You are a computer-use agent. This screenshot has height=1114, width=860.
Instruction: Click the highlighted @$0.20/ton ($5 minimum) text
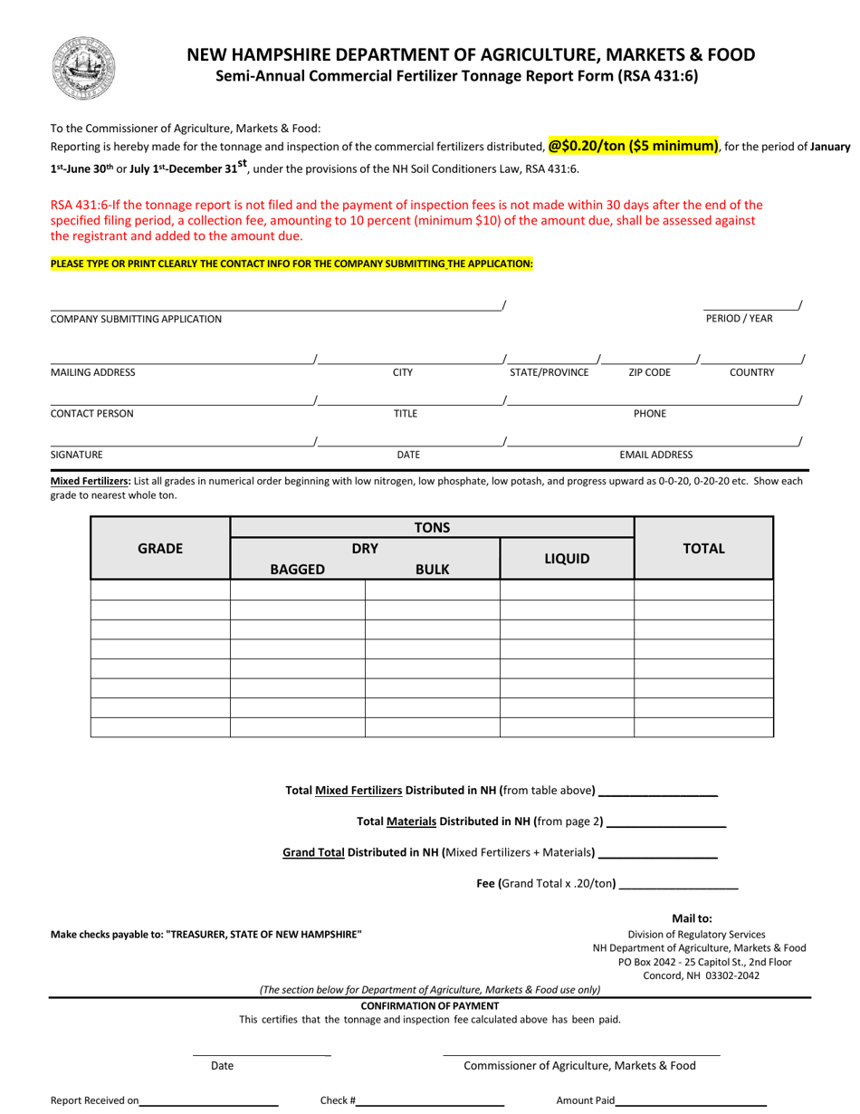click(634, 145)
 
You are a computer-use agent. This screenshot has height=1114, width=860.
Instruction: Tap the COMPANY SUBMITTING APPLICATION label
click(136, 319)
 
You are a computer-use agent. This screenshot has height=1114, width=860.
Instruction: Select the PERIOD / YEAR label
click(740, 319)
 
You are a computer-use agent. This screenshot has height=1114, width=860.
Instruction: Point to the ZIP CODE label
click(649, 372)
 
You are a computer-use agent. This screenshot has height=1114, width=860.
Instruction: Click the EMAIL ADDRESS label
click(655, 455)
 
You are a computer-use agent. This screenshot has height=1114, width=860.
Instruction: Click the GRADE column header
click(160, 548)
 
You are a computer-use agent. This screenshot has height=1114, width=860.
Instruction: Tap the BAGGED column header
click(297, 570)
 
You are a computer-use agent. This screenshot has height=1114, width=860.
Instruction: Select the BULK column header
click(432, 570)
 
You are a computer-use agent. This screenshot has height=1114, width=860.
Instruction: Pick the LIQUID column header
click(567, 559)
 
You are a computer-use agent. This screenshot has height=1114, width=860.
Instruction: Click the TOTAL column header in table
click(703, 548)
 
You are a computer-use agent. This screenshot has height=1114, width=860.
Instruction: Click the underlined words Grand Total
click(313, 852)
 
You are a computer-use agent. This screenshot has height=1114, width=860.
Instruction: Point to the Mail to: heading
click(692, 918)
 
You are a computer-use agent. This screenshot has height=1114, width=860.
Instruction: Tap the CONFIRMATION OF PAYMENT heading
click(430, 1005)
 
